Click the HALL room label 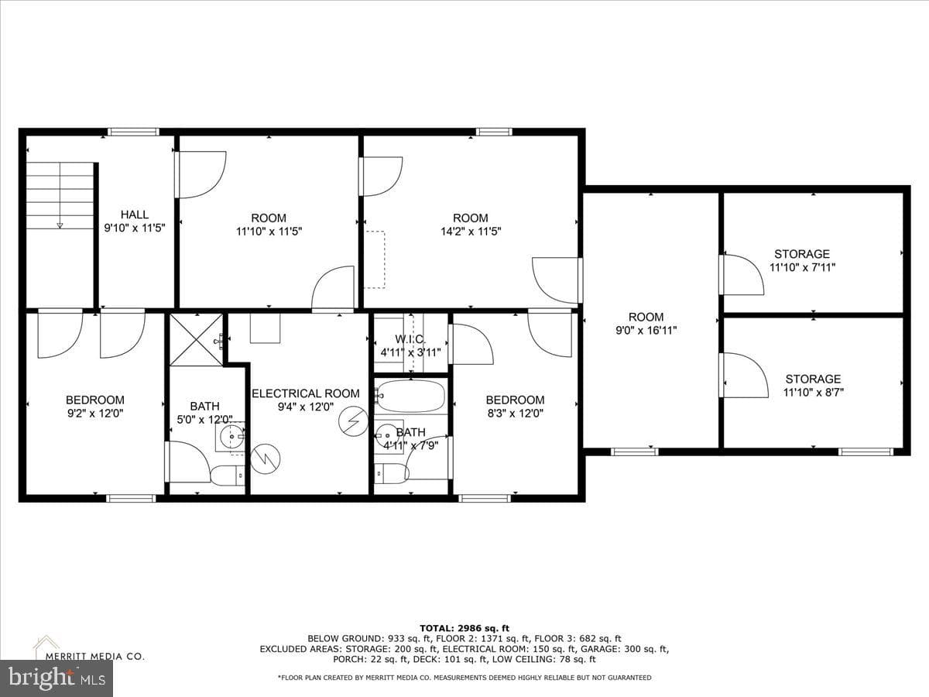(135, 215)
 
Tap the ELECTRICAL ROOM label (306, 393)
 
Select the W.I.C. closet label (410, 339)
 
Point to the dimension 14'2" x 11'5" (471, 232)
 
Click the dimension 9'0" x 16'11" (646, 330)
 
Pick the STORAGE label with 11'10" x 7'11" (802, 254)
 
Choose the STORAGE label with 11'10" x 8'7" (813, 379)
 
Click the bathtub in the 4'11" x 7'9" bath (410, 397)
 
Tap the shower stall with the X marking (196, 339)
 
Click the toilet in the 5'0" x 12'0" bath (228, 476)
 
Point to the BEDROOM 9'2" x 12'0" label (95, 400)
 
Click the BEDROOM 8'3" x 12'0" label (515, 400)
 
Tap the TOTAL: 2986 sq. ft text (464, 628)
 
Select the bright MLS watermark (57, 678)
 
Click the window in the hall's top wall (133, 132)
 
